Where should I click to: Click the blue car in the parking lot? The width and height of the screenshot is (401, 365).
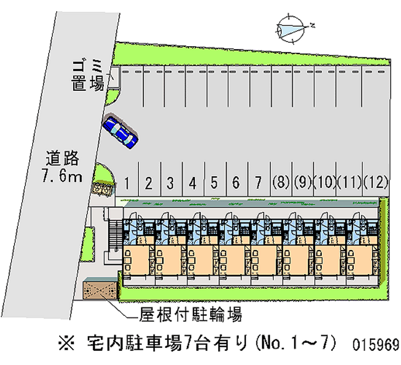pyautogui.click(x=120, y=131)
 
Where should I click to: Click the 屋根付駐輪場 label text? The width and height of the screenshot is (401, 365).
pyautogui.click(x=191, y=315)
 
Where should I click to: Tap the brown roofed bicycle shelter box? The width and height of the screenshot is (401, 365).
pyautogui.click(x=100, y=290)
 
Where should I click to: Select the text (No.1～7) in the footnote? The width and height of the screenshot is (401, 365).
pyautogui.click(x=296, y=344)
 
